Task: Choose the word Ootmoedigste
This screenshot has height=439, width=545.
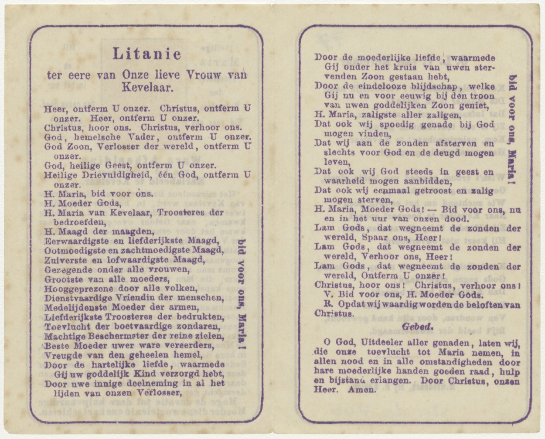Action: (x=69, y=250)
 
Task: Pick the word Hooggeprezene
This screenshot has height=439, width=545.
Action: (x=73, y=289)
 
